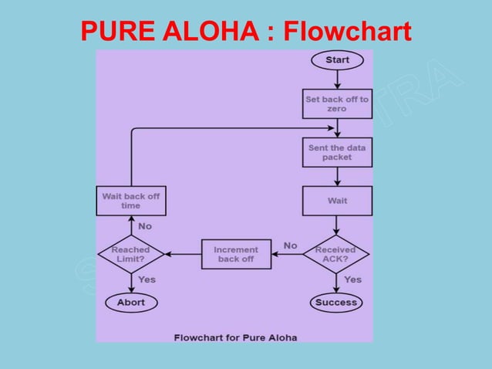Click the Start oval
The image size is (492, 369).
point(337,59)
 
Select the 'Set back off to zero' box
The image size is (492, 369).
point(337,104)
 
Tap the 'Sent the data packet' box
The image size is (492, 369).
point(337,152)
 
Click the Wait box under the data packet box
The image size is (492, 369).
point(337,201)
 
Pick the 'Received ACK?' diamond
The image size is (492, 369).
point(336,254)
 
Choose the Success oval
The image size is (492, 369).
point(336,302)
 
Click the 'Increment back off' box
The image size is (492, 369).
point(236,254)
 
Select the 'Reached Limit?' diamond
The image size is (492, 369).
point(130,254)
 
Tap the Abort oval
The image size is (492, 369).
point(130,302)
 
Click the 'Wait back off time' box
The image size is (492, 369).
point(130,201)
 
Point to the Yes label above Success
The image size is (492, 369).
point(352,279)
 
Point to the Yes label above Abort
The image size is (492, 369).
point(147,279)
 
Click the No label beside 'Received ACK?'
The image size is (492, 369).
point(290,245)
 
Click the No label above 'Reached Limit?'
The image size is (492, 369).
point(145,226)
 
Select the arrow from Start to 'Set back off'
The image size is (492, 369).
point(337,79)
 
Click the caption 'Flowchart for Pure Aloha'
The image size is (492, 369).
point(235,337)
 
